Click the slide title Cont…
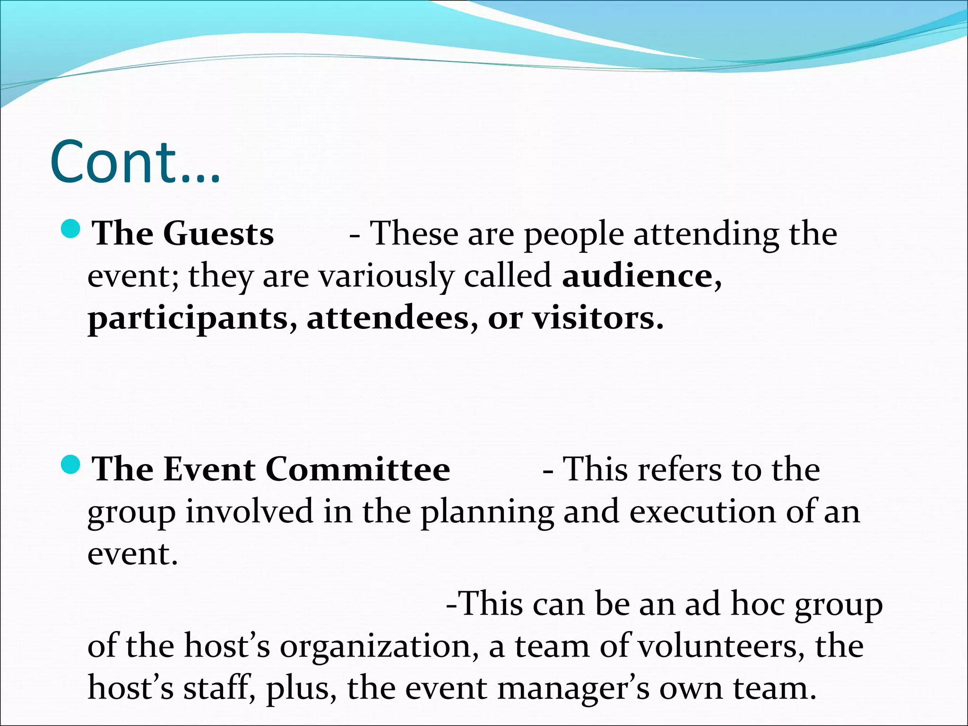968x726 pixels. tap(135, 162)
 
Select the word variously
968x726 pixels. tap(386, 277)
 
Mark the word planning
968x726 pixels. tap(487, 512)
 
